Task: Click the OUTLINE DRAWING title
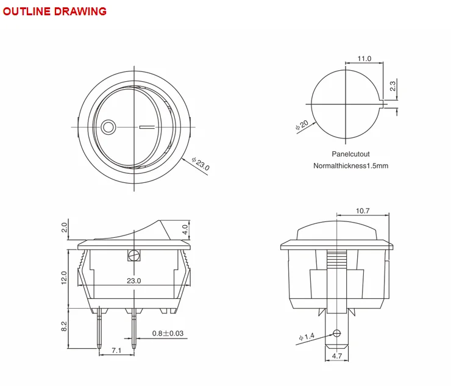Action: (54, 11)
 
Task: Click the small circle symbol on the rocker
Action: (108, 127)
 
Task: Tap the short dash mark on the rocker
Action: (147, 127)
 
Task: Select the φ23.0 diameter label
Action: (200, 164)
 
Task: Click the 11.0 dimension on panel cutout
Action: (364, 59)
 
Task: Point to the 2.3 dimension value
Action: (393, 87)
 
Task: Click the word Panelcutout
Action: (350, 154)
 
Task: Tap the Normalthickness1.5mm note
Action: (350, 166)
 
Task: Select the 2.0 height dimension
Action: (65, 228)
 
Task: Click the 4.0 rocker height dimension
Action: (185, 230)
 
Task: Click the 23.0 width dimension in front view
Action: (134, 281)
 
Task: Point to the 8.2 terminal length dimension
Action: (65, 328)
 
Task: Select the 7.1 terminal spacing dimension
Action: (116, 350)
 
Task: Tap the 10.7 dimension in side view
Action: (363, 211)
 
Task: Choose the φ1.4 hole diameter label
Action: (306, 337)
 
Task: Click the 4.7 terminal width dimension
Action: (336, 355)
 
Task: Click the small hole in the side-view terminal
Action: (336, 333)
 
